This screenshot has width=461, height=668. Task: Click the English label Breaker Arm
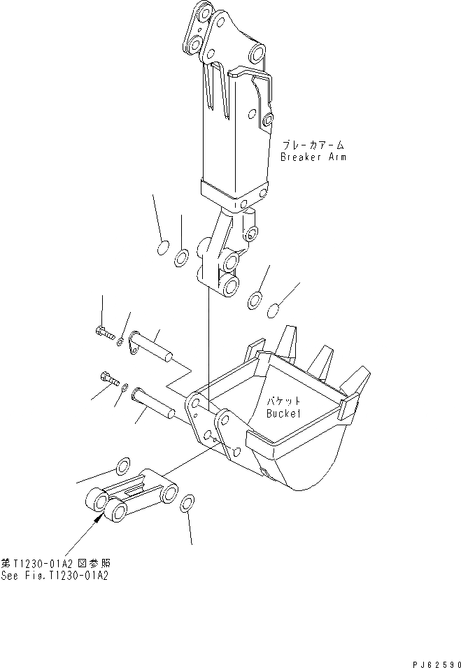[x=313, y=157]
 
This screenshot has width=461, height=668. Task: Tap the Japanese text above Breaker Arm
[x=313, y=145]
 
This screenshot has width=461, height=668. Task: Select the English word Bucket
[x=283, y=413]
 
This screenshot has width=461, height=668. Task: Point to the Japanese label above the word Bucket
[x=283, y=401]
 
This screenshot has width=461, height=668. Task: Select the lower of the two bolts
[x=108, y=380]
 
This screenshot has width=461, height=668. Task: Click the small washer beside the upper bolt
[x=121, y=341]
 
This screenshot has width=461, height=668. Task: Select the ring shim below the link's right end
[x=187, y=504]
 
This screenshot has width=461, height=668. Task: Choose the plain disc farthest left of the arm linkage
[x=162, y=248]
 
